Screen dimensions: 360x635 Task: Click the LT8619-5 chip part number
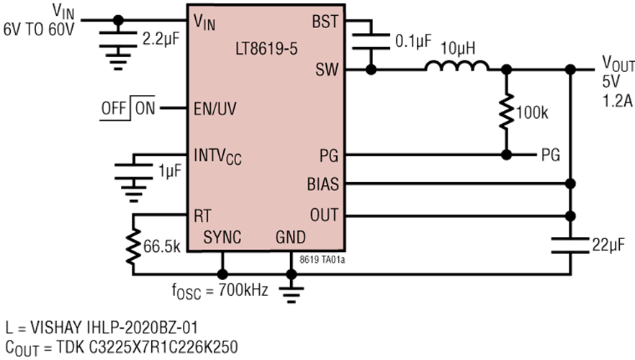[266, 50]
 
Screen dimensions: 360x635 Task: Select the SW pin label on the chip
[325, 70]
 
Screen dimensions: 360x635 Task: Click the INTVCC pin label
[218, 156]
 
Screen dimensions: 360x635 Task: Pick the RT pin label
[202, 215]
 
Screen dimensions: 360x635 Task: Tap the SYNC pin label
[222, 237]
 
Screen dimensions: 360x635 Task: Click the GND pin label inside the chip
[291, 237]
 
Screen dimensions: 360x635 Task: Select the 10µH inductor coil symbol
[457, 68]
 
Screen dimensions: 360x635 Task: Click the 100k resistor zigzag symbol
[506, 111]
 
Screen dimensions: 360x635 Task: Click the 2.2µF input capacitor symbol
[118, 39]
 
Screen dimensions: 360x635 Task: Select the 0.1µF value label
[413, 41]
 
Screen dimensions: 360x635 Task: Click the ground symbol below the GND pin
[291, 292]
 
